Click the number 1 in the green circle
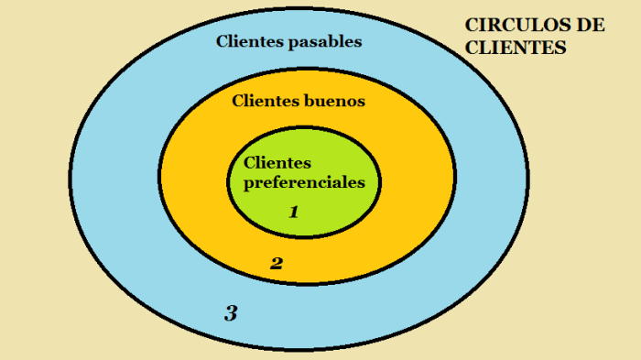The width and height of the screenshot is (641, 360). (x=294, y=213)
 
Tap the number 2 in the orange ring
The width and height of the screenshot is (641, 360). (x=276, y=264)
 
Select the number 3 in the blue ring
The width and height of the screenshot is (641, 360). (x=231, y=313)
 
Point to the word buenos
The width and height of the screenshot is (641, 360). (x=334, y=102)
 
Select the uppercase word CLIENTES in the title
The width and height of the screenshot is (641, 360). (x=516, y=48)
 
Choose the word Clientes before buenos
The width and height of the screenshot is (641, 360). (x=266, y=102)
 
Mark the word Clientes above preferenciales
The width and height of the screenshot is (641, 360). (x=277, y=163)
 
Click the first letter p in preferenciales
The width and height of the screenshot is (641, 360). (x=247, y=183)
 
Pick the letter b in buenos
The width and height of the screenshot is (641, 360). (x=308, y=102)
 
